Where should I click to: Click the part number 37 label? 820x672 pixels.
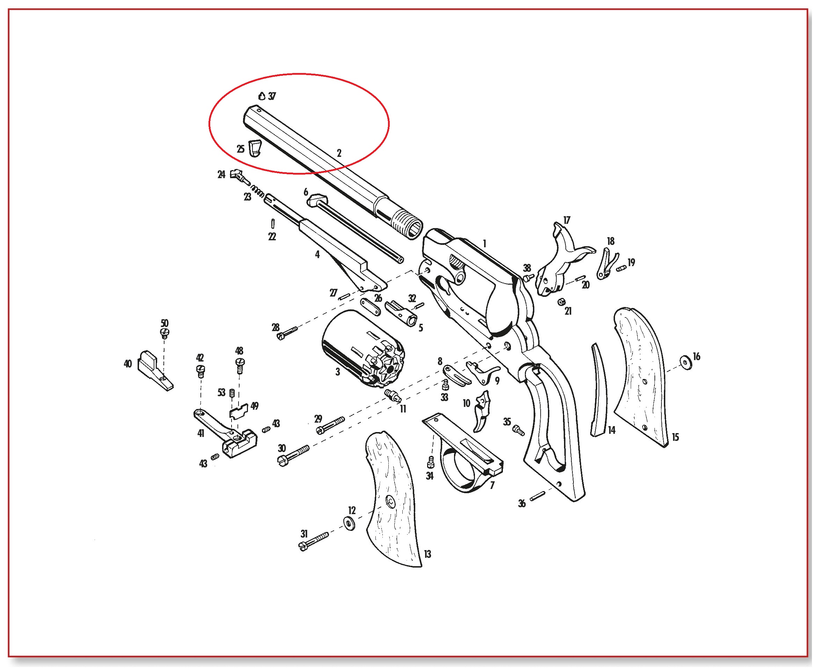point(272,96)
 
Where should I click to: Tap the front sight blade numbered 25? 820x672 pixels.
point(254,148)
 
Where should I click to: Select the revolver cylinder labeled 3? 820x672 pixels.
point(363,348)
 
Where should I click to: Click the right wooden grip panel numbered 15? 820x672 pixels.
point(640,376)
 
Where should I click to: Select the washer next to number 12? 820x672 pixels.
point(350,523)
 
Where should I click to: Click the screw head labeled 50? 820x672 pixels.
point(165,333)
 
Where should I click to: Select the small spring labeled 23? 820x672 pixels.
point(258,190)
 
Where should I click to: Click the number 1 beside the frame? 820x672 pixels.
point(484,243)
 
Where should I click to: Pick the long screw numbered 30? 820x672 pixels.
point(294,455)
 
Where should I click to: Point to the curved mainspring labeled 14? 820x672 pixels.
point(599,390)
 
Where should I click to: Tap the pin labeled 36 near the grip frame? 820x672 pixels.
point(537,496)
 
